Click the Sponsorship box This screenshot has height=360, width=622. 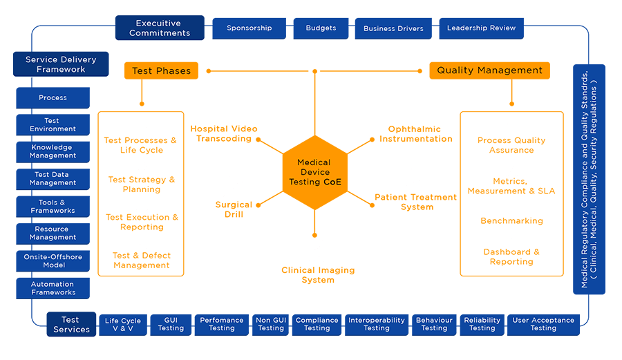(249, 28)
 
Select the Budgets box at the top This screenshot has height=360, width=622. (321, 28)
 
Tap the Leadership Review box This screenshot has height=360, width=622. (481, 28)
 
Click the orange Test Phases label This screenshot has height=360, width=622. (161, 70)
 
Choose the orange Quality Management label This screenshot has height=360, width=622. (489, 70)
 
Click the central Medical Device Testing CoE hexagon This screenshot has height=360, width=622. (314, 173)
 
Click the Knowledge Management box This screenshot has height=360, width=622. (53, 152)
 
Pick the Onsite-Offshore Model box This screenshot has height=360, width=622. (53, 261)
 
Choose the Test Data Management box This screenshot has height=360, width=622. (53, 179)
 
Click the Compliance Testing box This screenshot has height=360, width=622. (317, 324)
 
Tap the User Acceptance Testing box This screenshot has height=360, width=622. (543, 324)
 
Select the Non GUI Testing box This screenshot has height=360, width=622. (271, 324)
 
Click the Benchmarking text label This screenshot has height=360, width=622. (511, 221)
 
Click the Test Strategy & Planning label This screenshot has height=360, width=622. (142, 184)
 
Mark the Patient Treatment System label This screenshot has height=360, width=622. (416, 202)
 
